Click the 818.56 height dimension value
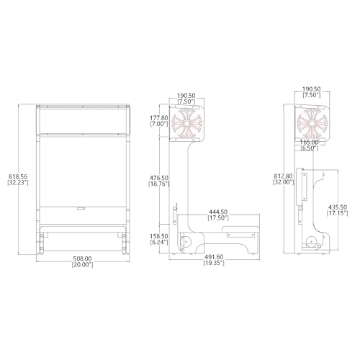[18, 176]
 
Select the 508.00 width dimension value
[82, 258]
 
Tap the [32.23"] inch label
[18, 183]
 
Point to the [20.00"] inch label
[82, 265]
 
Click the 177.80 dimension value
[159, 118]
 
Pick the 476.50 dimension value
[159, 178]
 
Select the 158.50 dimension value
[159, 236]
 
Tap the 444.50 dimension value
[218, 212]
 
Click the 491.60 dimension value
[214, 257]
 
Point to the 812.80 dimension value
[283, 176]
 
